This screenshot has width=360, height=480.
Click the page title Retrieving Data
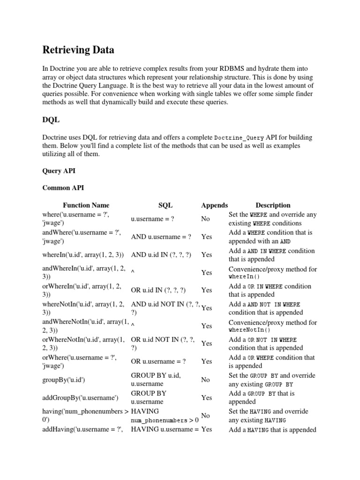click(x=78, y=49)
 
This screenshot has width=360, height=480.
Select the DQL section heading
click(x=51, y=120)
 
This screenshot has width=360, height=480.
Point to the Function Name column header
click(x=86, y=205)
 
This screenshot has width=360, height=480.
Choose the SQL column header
click(x=165, y=205)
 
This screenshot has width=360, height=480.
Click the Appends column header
click(x=214, y=205)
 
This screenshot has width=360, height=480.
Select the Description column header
click(x=273, y=205)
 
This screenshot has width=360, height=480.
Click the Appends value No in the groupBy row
click(x=205, y=380)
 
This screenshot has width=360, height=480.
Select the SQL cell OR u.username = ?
click(x=158, y=361)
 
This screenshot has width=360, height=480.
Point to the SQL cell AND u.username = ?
click(x=161, y=237)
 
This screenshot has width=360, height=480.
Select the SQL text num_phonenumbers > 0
click(x=165, y=420)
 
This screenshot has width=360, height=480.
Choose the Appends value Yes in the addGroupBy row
click(x=207, y=397)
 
